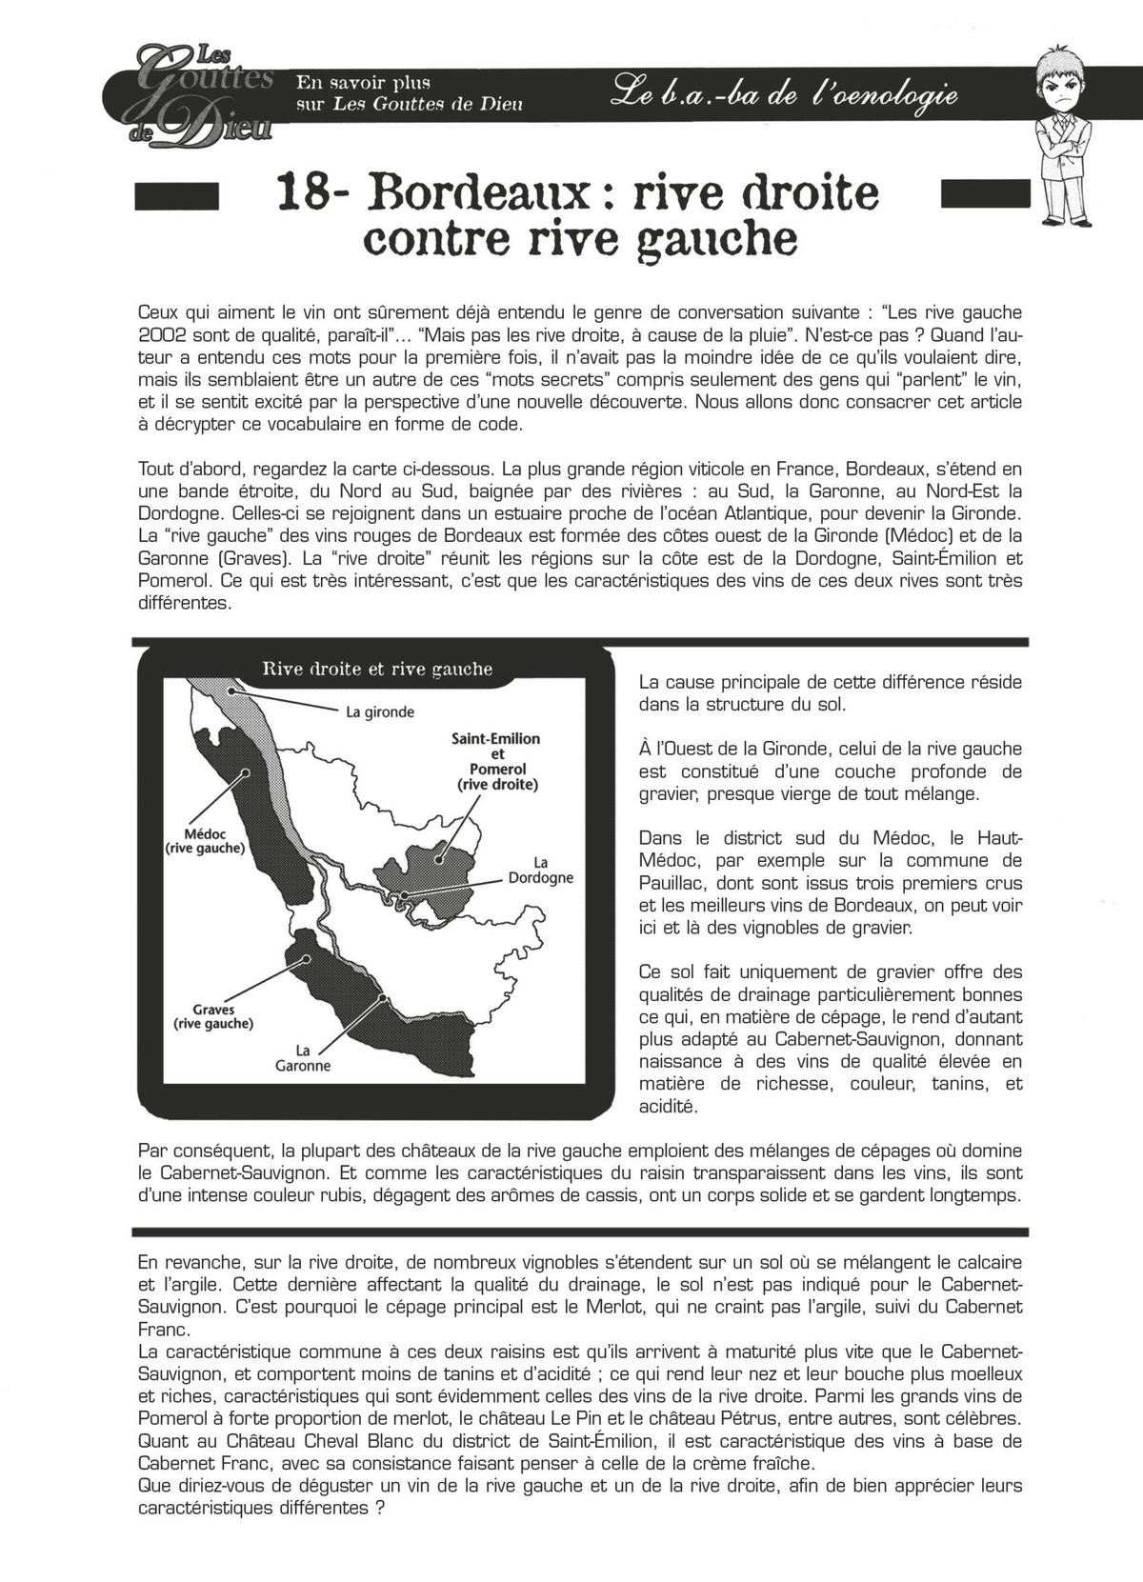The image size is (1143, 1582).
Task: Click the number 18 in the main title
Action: pos(298,191)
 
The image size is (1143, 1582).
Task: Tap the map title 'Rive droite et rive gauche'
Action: pos(377,669)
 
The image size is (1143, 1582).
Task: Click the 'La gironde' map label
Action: pos(380,711)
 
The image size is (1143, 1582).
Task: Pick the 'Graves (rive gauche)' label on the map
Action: pos(212,1016)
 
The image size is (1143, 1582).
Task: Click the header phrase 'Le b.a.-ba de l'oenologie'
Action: pos(786,95)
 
